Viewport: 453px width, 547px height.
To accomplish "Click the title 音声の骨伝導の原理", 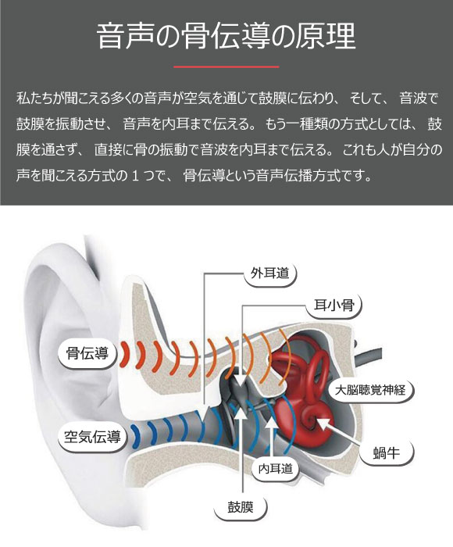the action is click(226, 36).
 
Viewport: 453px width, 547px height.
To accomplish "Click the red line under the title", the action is click(226, 66).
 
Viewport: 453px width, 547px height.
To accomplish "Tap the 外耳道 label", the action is click(270, 273).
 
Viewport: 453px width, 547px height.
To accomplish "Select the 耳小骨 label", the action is click(334, 306).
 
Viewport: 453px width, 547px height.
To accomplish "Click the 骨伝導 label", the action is click(87, 354).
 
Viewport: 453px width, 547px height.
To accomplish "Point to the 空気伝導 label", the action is click(92, 437).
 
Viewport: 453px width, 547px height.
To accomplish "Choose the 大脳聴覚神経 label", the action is click(370, 390).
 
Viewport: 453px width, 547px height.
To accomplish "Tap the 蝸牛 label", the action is click(387, 452).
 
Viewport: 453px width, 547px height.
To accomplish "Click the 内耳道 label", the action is click(276, 469).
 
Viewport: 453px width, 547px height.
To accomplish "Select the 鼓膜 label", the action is click(241, 506).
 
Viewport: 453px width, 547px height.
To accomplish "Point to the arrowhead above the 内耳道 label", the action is click(272, 420).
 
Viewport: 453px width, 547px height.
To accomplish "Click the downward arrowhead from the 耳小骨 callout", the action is click(241, 381).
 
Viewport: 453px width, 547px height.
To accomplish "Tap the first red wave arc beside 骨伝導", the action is click(123, 354).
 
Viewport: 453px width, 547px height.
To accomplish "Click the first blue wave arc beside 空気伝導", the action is click(134, 436).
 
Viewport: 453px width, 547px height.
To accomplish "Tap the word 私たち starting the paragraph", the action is click(35, 98).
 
